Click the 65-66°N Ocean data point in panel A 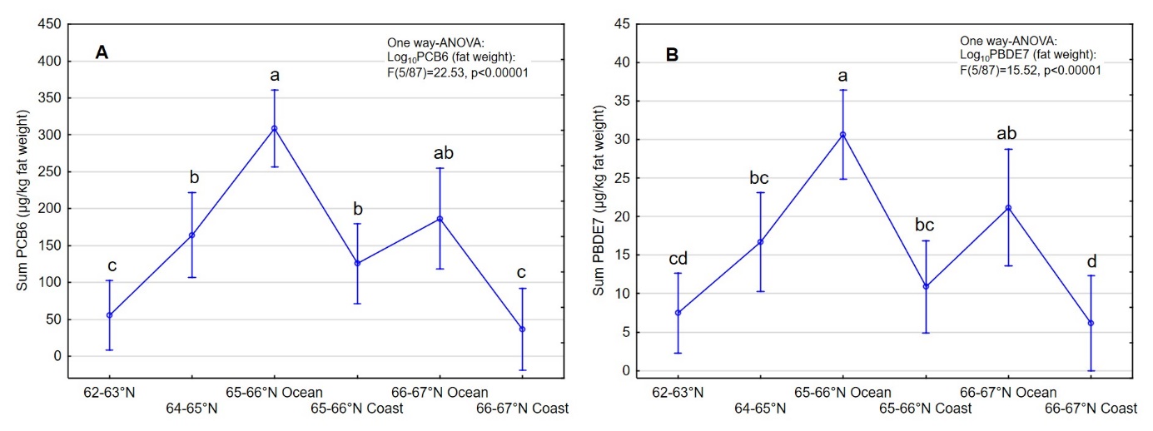(x=275, y=128)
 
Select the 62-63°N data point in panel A (x=109, y=315)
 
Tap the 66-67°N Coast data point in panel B (x=1091, y=323)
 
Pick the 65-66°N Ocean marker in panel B (x=842, y=135)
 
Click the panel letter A (x=102, y=53)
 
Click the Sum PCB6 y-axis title (x=23, y=200)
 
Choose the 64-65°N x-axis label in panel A (x=191, y=408)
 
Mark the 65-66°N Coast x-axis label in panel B (x=926, y=409)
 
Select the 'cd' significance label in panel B (x=678, y=260)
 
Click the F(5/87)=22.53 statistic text (x=458, y=72)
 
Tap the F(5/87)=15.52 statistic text (x=1030, y=71)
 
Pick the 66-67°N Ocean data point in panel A (x=440, y=219)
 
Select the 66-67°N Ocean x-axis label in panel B (x=1008, y=392)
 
